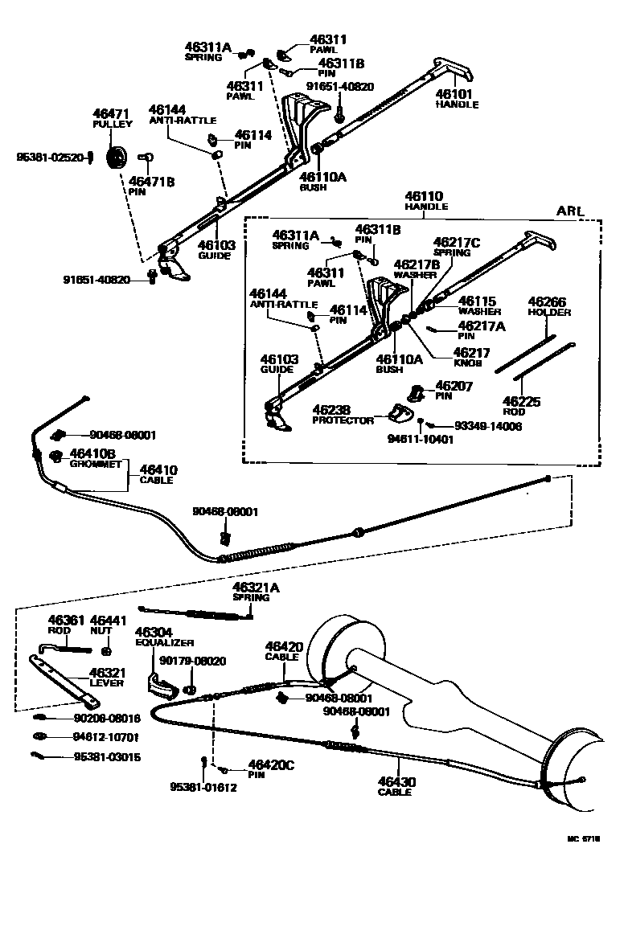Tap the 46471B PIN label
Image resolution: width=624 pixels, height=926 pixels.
[x=150, y=186]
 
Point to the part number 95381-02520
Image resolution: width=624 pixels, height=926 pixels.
[x=49, y=158]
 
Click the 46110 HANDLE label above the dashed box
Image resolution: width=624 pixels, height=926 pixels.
[x=426, y=200]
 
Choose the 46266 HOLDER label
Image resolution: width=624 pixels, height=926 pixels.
[x=549, y=306]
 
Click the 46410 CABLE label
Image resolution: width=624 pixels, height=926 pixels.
[x=158, y=474]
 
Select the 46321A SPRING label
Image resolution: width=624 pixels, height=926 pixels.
[x=256, y=592]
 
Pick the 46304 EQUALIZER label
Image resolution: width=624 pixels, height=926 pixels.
[x=164, y=637]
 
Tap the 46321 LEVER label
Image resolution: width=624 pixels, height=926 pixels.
[x=105, y=677]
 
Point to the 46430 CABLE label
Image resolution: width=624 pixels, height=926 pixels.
[x=396, y=785]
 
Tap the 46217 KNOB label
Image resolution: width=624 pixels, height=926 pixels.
[x=469, y=357]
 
